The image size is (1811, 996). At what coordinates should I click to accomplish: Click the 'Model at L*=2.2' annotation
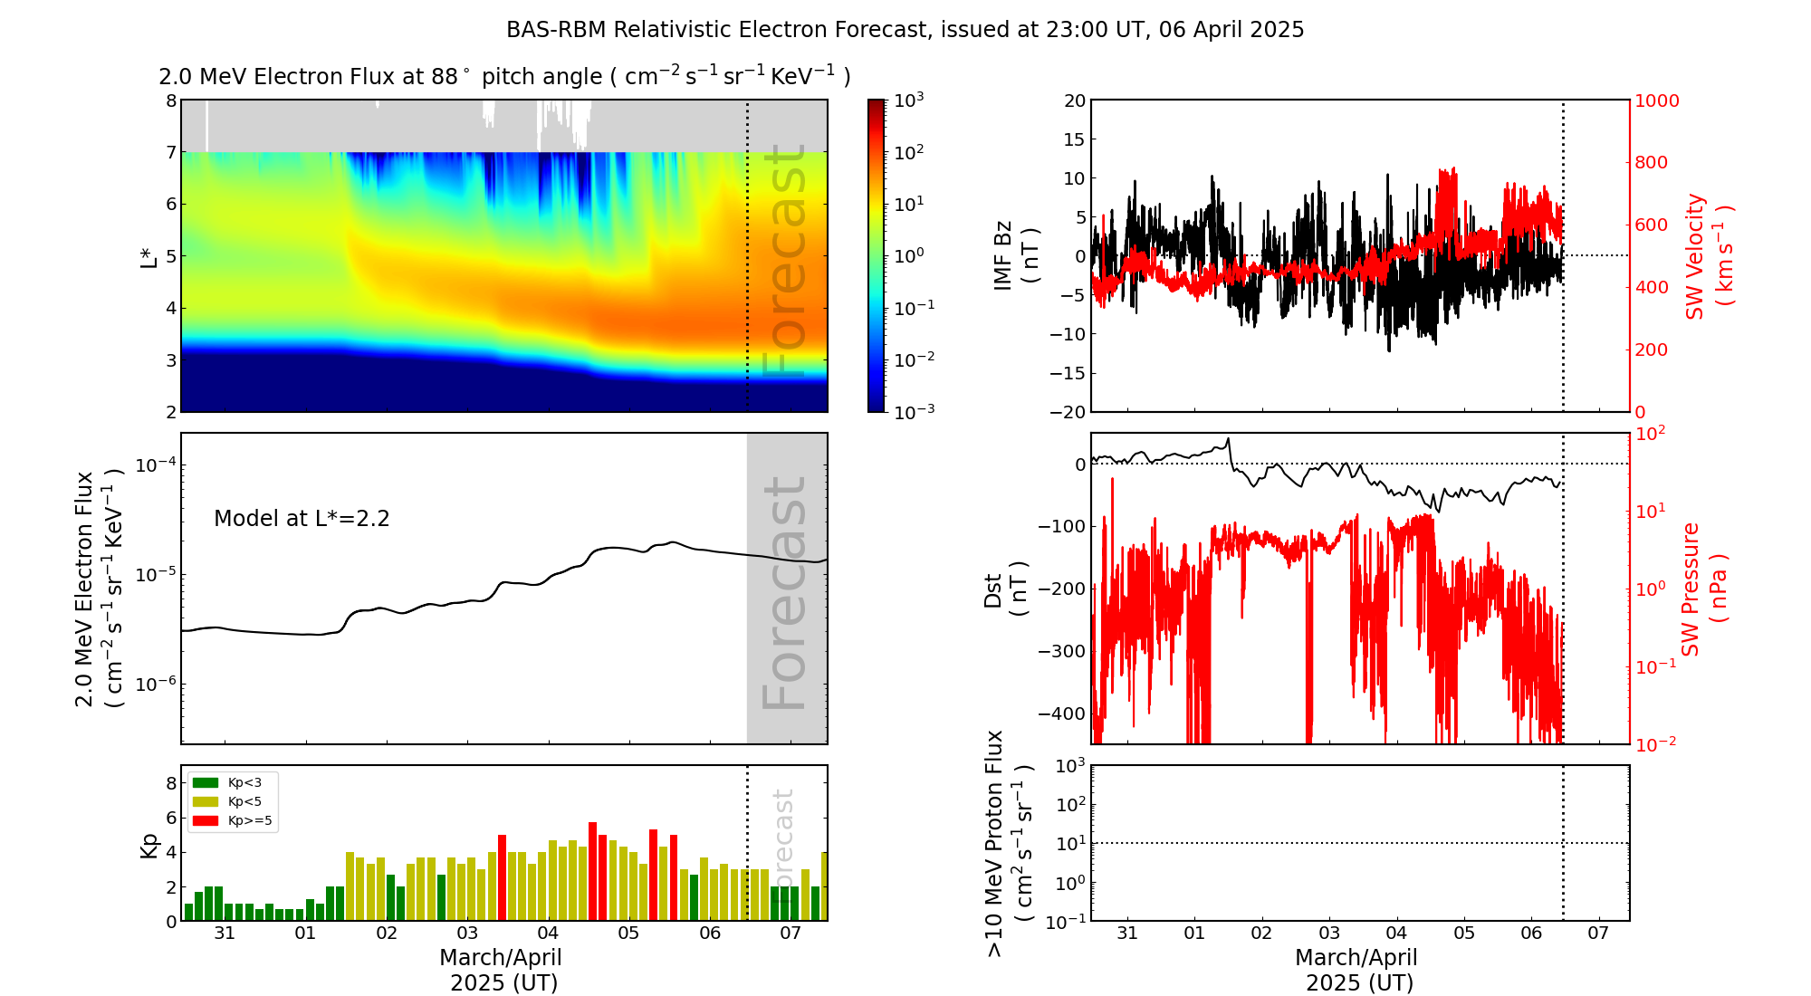pos(302,519)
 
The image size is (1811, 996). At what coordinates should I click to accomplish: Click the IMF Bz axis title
pos(1016,255)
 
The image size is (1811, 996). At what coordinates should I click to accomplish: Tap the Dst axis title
pos(1005,589)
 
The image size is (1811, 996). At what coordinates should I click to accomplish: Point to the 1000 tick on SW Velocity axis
pos(1656,101)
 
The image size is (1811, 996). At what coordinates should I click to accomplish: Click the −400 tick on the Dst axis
pos(1062,713)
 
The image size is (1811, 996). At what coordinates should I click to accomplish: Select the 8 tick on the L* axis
pos(170,101)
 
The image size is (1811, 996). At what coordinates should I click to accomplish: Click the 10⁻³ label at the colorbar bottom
pos(914,412)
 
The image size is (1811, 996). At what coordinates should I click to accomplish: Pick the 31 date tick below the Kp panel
pos(225,934)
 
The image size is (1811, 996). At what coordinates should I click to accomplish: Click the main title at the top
pos(905,30)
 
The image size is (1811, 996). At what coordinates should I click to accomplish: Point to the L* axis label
pos(149,255)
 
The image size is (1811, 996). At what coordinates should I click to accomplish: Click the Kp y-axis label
pos(149,845)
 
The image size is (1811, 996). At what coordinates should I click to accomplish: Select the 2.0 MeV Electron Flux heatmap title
pos(504,76)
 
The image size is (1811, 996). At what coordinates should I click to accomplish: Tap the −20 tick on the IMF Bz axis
pos(1068,412)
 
